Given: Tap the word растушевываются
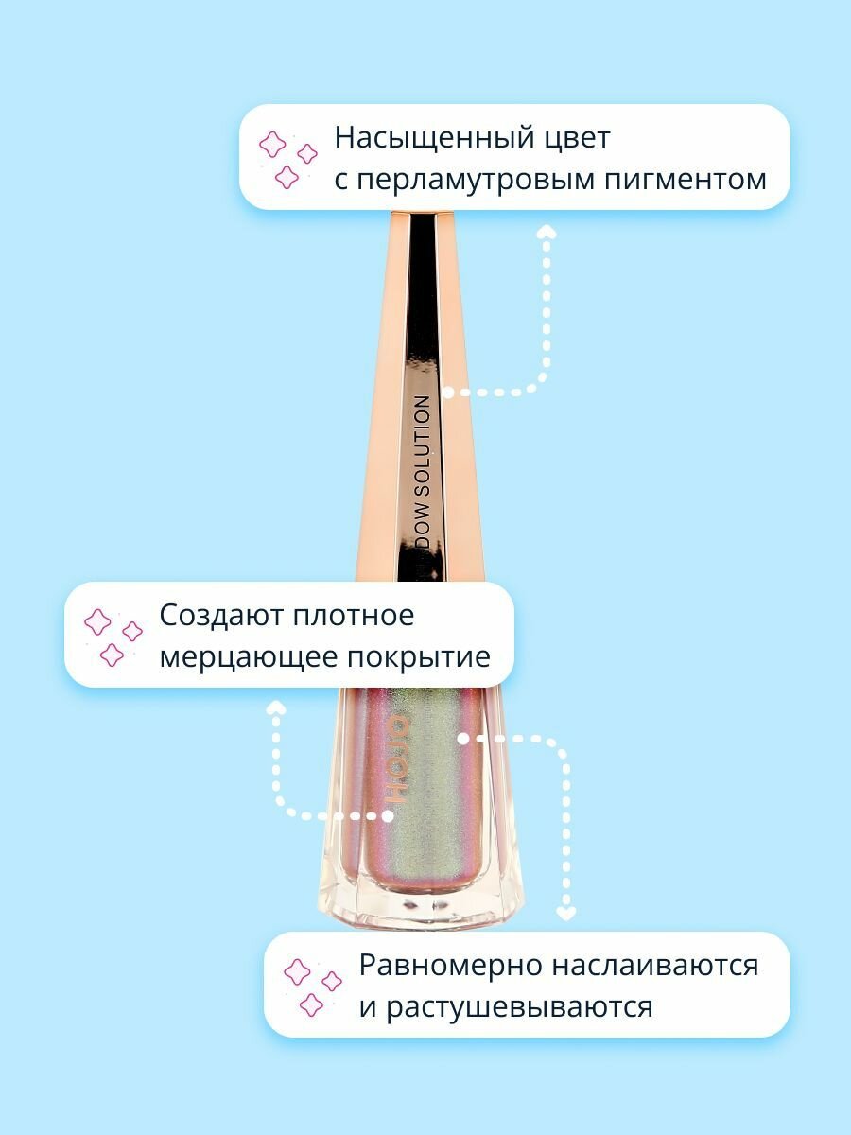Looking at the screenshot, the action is tap(506, 1006).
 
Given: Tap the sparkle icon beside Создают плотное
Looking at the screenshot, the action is tap(113, 637).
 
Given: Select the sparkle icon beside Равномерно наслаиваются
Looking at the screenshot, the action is tap(313, 987).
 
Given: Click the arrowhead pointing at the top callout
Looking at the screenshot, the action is tap(546, 232).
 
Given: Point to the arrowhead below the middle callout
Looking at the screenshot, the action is tap(276, 707).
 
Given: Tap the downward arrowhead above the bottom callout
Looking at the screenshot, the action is tap(565, 914).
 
